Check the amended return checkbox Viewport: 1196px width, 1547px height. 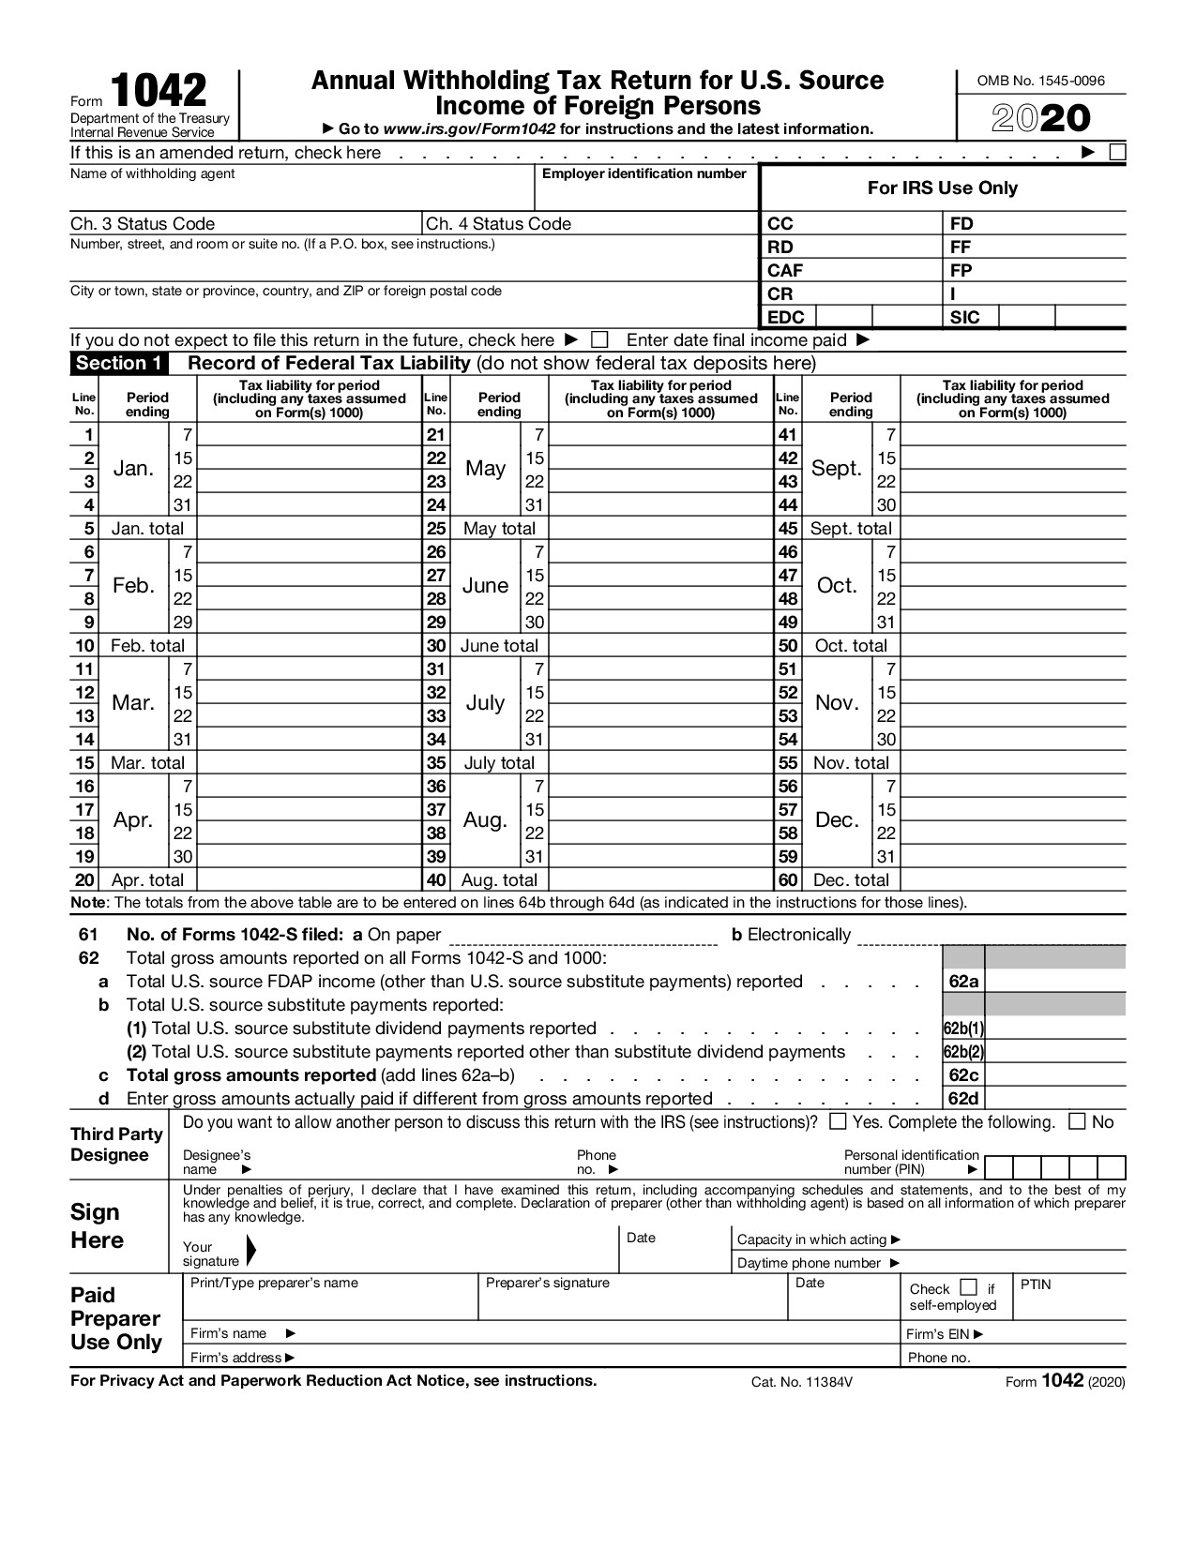1117,153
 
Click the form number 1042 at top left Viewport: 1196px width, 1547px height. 159,91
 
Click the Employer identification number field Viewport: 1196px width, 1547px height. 645,195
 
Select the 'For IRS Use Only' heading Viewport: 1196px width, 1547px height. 942,188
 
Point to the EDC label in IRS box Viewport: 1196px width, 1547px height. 785,317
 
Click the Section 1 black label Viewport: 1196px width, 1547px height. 119,364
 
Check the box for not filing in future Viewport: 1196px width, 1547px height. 599,340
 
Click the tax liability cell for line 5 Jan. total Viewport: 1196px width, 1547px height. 310,529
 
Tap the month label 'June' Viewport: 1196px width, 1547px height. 485,586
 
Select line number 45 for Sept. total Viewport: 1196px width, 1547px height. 788,529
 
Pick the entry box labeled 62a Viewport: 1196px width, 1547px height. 1054,982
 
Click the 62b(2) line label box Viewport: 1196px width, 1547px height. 963,1052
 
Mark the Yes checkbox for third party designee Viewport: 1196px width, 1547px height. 839,1121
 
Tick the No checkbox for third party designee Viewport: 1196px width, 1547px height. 1078,1121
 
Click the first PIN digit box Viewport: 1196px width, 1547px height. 998,1167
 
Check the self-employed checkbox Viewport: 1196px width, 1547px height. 969,1287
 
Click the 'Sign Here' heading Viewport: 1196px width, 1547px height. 97,1226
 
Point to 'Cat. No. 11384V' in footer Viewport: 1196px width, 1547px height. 802,1382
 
